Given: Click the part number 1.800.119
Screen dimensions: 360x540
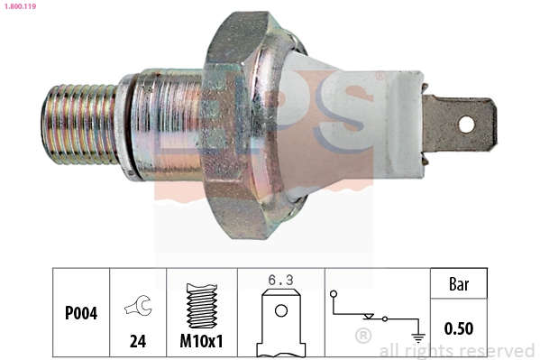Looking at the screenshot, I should [x=18, y=5].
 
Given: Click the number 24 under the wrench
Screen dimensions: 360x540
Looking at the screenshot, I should [x=139, y=343].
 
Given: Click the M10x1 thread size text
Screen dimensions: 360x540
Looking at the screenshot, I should [x=202, y=343].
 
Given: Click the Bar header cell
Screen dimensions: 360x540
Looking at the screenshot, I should [x=459, y=284].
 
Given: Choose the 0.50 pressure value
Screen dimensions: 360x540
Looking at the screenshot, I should [x=459, y=328].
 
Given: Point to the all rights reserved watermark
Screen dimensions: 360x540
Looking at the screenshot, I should [x=457, y=350].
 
